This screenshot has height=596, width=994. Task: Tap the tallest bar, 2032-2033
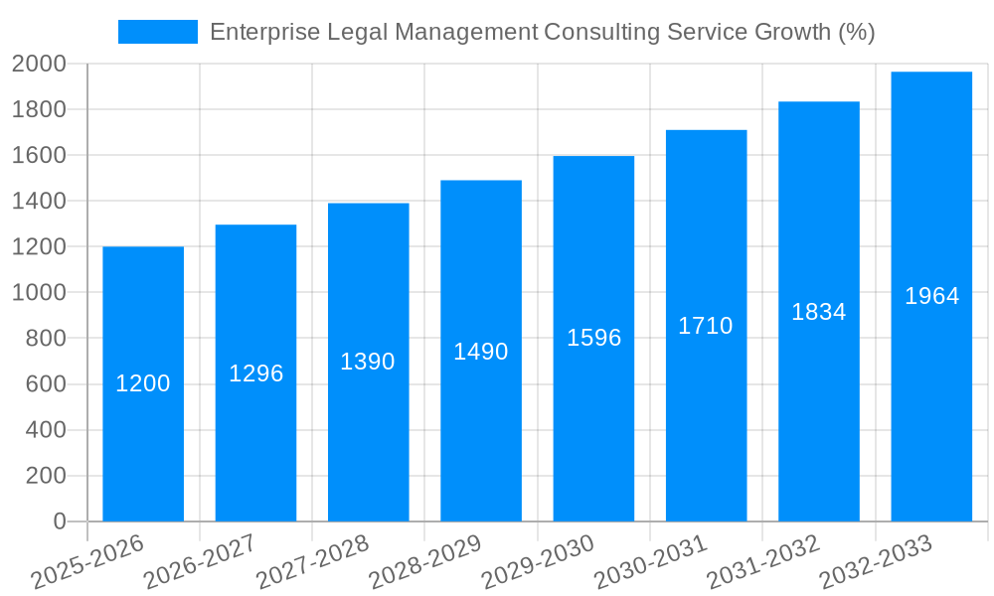[x=931, y=397]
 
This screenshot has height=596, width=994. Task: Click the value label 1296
[x=256, y=373]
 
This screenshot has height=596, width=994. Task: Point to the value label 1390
[x=368, y=362]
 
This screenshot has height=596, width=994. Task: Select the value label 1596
[x=593, y=338]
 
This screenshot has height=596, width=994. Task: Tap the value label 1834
[x=819, y=312]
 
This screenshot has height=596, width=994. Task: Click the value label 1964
[x=931, y=296]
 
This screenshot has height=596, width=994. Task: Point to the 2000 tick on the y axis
[x=39, y=65]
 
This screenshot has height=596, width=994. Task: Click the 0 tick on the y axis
[x=59, y=521]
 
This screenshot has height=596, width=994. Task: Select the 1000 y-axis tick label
[x=39, y=293]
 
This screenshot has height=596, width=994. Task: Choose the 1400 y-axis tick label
[x=39, y=202]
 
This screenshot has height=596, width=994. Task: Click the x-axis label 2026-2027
[x=200, y=562]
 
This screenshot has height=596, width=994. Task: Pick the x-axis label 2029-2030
[x=538, y=562]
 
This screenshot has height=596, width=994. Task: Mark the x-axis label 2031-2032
[x=763, y=562]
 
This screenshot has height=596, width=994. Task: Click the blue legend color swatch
[x=158, y=32]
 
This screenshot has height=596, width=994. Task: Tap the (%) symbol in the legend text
[x=856, y=32]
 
